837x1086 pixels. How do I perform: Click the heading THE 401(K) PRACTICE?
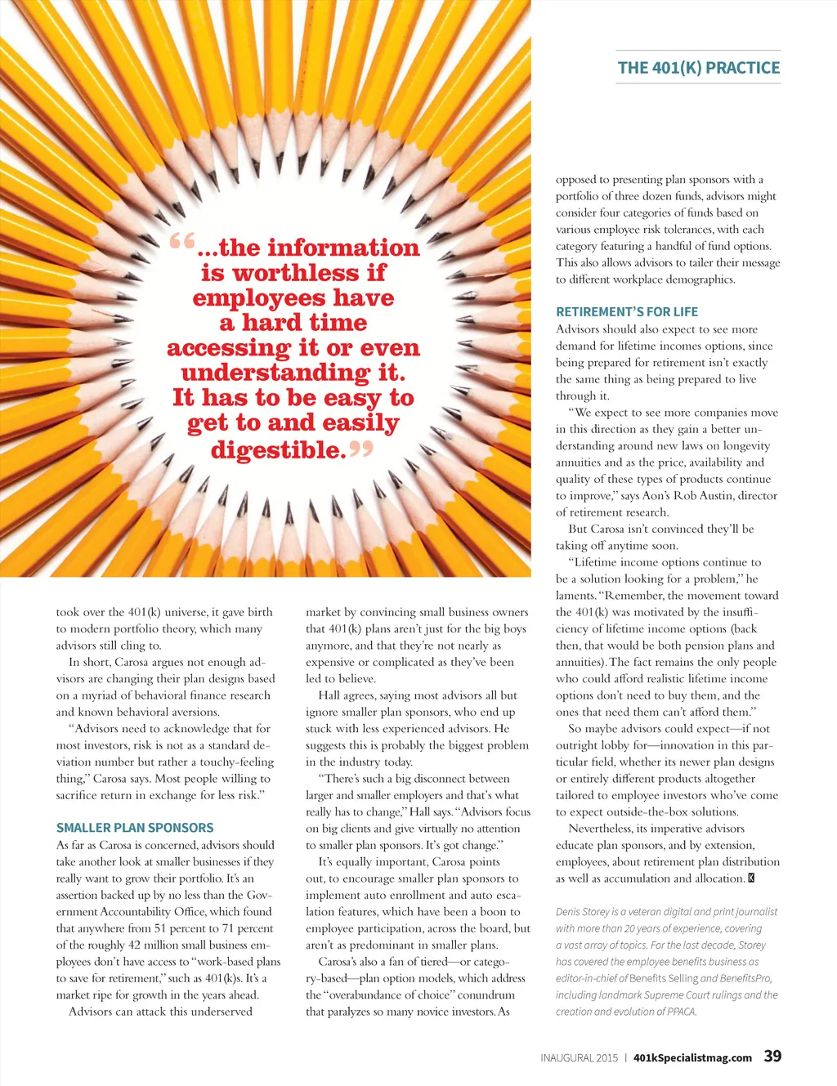[x=699, y=68]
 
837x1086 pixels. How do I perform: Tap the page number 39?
[x=772, y=1056]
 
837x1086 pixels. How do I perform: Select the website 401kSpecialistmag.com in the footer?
[x=692, y=1057]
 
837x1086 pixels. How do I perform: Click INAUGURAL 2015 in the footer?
[x=579, y=1057]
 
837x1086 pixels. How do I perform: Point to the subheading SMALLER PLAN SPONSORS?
[x=135, y=828]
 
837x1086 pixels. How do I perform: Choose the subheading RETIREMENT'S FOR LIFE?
[x=627, y=311]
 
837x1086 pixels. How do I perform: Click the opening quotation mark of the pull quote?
[x=182, y=242]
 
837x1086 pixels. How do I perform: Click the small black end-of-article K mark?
[x=751, y=878]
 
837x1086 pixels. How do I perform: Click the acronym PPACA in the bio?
[x=680, y=1012]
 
